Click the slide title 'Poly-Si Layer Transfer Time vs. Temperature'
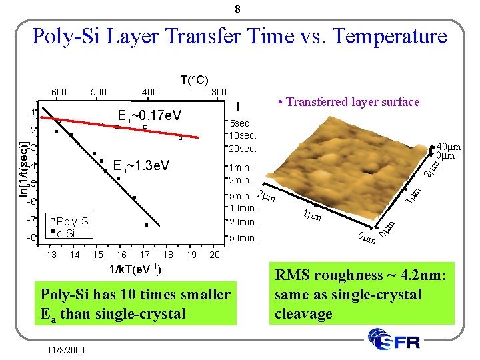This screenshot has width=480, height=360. (x=239, y=35)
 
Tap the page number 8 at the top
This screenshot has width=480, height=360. (x=238, y=9)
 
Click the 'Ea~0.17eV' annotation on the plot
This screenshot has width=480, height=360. (x=149, y=115)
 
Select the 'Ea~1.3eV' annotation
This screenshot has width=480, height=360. (x=141, y=165)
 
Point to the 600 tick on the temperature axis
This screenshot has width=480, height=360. (x=59, y=92)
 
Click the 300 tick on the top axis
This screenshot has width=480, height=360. (x=219, y=92)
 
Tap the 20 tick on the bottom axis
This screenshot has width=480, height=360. (x=214, y=255)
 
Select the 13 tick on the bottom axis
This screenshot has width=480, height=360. (x=51, y=255)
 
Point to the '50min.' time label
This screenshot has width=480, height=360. (x=243, y=238)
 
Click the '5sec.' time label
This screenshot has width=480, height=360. (x=241, y=123)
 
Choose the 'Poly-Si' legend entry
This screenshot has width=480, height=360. (x=73, y=221)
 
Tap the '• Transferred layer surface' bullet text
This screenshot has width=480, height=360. (x=349, y=102)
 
